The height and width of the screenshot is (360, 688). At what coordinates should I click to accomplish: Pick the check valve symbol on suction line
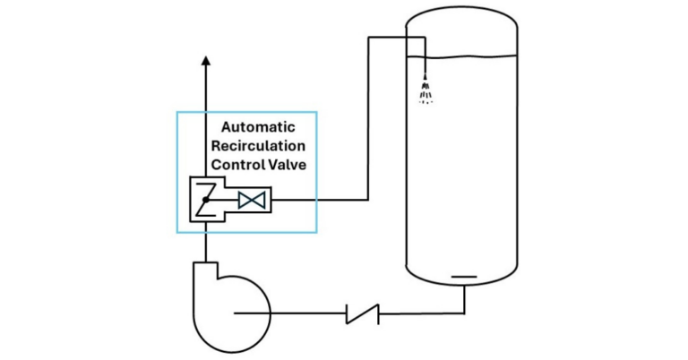(362, 313)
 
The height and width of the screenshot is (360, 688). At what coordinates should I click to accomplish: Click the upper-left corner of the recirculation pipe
(370, 38)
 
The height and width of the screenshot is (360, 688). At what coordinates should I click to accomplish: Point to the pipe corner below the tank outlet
(464, 313)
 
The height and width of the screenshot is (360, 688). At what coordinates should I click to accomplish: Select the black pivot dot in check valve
(204, 200)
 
